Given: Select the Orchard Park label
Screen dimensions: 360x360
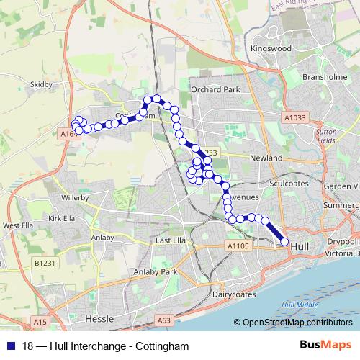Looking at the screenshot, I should click(215, 90).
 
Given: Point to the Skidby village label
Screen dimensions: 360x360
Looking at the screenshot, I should click(42, 84).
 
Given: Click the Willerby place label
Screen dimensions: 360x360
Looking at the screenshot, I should click(74, 197).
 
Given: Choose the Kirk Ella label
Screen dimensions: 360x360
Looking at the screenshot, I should click(61, 218).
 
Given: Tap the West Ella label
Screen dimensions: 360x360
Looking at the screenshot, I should click(19, 225).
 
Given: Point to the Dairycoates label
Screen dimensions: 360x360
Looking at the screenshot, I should click(234, 294).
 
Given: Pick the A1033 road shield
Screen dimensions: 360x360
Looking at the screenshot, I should click(294, 117).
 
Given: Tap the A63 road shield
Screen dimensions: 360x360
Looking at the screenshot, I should click(164, 320).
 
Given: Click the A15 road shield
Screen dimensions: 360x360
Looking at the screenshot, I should click(39, 321).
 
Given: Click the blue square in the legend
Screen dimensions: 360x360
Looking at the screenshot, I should click(9, 346).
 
